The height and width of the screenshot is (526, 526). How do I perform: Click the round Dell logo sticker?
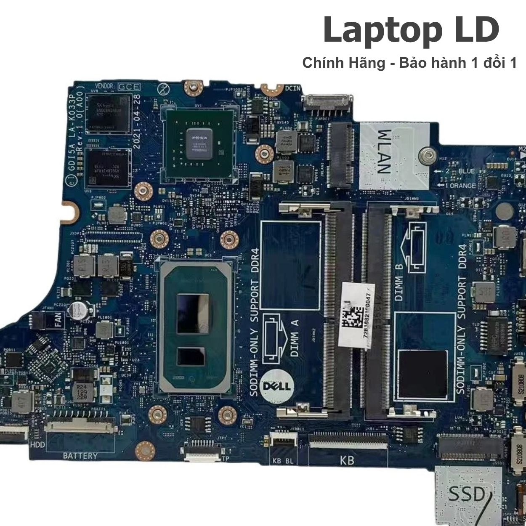(276, 385)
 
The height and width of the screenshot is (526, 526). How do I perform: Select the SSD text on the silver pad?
(466, 494)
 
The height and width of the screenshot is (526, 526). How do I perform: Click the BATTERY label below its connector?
(80, 455)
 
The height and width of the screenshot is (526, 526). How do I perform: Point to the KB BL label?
(283, 460)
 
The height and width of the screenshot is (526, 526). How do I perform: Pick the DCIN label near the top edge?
(293, 88)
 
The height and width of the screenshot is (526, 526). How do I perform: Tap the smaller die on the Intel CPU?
(191, 356)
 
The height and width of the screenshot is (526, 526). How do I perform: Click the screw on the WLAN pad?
(426, 155)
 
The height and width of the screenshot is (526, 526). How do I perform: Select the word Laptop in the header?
(371, 30)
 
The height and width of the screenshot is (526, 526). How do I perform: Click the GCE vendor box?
(129, 87)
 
